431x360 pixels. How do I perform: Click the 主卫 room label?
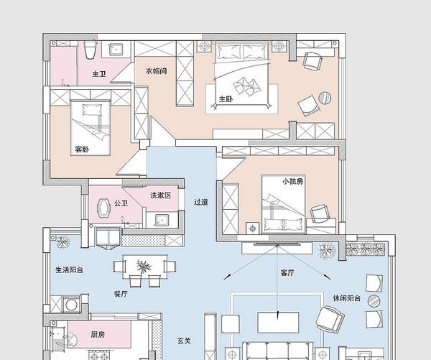pos(99,74)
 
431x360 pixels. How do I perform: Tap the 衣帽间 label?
pos(156,71)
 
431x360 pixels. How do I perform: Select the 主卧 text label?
pos(226,98)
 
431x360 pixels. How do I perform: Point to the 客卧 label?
pos(82,149)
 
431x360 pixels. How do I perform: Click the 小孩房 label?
pos(293,182)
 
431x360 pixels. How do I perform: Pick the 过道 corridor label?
pos(201,202)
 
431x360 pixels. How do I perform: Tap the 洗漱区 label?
pos(161,195)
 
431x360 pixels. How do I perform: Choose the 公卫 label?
pos(121,203)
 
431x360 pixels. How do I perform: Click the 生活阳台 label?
pos(69,269)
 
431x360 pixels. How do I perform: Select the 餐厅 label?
pos(121,294)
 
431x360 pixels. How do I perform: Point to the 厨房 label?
pos(98,334)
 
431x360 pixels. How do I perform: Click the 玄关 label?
pos(184,341)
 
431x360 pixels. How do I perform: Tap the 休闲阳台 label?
pos(347,298)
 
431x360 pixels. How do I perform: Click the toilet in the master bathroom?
pos(90,50)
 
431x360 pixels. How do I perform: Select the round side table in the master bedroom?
pos(325,98)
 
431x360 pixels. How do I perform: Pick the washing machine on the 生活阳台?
pos(71,305)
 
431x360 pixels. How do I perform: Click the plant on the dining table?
pos(144,266)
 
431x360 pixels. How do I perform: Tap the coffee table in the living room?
pos(278,323)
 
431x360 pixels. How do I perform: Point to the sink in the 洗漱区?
pos(162,221)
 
